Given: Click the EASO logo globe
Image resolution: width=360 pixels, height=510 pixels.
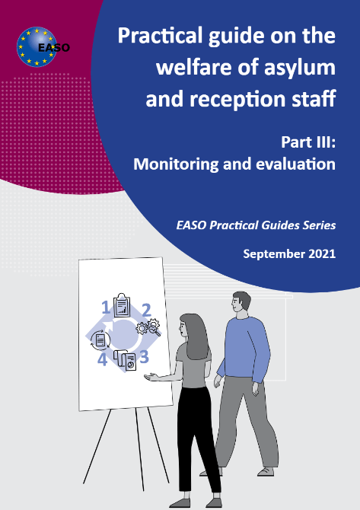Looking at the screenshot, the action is pyautogui.click(x=37, y=47).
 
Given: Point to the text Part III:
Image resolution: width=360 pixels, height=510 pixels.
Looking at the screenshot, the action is pyautogui.click(x=308, y=142).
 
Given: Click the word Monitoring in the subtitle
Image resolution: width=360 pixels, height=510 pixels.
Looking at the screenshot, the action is pyautogui.click(x=176, y=164).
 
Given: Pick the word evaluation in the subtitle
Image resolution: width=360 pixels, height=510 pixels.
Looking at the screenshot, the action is pyautogui.click(x=295, y=164).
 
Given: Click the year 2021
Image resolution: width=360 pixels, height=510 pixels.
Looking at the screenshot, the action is pyautogui.click(x=322, y=253).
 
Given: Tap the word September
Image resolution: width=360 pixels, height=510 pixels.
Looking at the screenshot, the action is pyautogui.click(x=273, y=254).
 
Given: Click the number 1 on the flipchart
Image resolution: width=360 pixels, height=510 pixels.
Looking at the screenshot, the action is pyautogui.click(x=105, y=308).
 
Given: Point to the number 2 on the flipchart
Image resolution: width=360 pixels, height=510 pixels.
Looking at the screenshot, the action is pyautogui.click(x=147, y=310).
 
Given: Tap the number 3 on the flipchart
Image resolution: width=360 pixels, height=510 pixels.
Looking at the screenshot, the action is pyautogui.click(x=144, y=357).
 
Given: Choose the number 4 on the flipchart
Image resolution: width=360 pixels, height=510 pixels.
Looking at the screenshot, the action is pyautogui.click(x=103, y=360).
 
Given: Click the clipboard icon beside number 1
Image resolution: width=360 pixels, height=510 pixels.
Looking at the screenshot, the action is pyautogui.click(x=122, y=304).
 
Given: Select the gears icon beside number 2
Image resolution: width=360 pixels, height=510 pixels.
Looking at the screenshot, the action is pyautogui.click(x=148, y=327).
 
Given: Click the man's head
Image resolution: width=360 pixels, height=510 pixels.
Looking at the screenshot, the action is pyautogui.click(x=241, y=304).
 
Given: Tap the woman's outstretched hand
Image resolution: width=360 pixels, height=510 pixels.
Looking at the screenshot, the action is pyautogui.click(x=151, y=377).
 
